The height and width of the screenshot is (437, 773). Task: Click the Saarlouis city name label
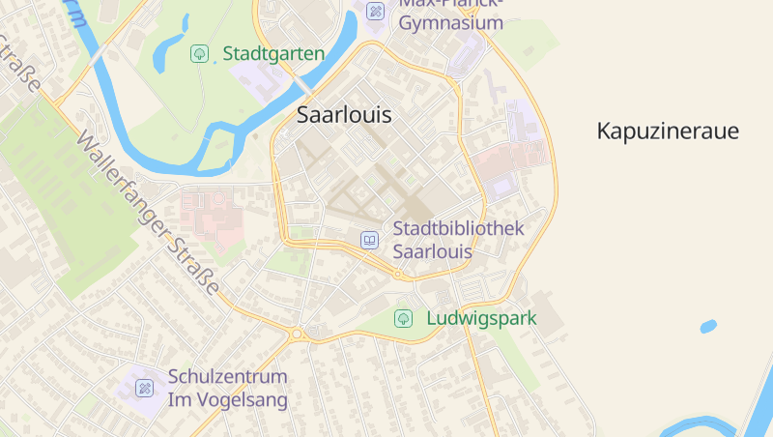click(x=344, y=114)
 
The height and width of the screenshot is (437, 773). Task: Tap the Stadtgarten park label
click(x=273, y=53)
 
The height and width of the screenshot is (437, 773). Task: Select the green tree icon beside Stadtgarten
click(x=199, y=53)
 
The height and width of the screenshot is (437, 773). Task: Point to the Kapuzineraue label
click(x=668, y=131)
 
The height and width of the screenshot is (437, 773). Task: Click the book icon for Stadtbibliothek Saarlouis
click(x=369, y=240)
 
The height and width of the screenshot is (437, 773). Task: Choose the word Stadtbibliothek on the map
click(x=458, y=229)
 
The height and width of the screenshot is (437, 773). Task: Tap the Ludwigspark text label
click(x=481, y=318)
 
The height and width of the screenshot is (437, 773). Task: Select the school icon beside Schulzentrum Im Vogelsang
click(x=144, y=388)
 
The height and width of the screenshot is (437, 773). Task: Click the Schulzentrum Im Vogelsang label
click(x=228, y=388)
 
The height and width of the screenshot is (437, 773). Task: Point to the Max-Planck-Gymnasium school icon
click(x=376, y=12)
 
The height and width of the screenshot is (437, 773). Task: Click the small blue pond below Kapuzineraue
click(x=708, y=326)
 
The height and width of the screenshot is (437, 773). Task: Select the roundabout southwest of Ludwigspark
click(x=297, y=334)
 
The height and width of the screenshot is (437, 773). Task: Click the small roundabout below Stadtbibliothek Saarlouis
click(x=398, y=275)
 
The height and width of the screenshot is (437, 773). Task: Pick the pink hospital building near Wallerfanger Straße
click(x=208, y=214)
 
